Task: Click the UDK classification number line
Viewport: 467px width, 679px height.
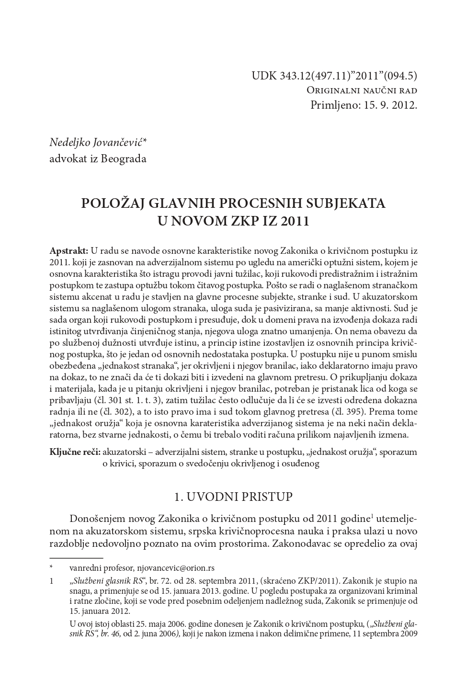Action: (334, 76)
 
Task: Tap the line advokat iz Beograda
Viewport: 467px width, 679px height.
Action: (98, 158)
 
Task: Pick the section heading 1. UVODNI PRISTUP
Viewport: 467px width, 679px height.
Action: (233, 497)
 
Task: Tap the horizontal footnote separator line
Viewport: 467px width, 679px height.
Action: (76, 558)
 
